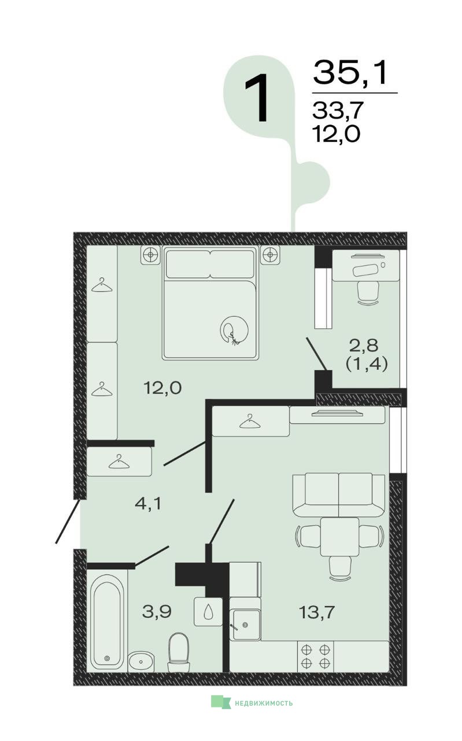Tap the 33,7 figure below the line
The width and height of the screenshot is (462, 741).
click(338, 110)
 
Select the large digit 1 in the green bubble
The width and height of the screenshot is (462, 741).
click(257, 98)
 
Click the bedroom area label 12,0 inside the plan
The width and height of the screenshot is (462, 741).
click(162, 388)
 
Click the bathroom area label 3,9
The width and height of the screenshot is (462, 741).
click(157, 611)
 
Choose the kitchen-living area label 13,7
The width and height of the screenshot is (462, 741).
click(317, 612)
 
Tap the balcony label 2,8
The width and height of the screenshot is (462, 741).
click(364, 346)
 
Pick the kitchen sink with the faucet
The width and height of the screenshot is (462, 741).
click(245, 625)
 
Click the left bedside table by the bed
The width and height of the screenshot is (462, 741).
click(151, 255)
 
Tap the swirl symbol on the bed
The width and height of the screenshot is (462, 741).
click(234, 331)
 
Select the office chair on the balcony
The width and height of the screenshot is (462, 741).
click(368, 293)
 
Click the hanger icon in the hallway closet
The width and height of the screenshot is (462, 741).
click(119, 462)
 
